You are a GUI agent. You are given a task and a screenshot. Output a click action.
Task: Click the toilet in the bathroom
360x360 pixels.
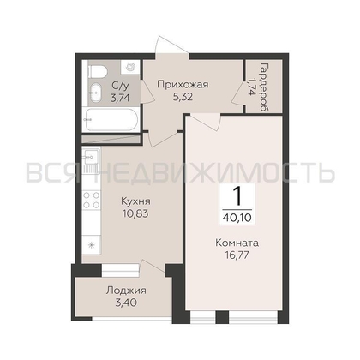[x=97, y=71]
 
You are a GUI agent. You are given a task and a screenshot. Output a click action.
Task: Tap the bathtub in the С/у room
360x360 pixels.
[x=111, y=120]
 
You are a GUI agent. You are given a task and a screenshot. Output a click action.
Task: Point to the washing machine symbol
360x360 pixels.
[x=130, y=67]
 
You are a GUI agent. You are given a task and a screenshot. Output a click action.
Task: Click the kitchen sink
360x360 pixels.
[x=91, y=158]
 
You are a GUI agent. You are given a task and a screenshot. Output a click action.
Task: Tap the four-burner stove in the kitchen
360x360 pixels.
[x=91, y=200]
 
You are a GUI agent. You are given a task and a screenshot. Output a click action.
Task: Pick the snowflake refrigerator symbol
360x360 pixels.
[x=92, y=245]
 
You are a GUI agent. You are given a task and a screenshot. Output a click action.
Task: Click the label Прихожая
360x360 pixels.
[x=183, y=85]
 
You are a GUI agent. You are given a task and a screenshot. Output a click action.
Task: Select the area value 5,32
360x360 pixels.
[x=183, y=97]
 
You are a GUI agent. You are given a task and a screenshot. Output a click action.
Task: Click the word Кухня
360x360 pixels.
[x=135, y=201]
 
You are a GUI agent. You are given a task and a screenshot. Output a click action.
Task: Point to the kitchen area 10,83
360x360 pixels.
[x=135, y=213]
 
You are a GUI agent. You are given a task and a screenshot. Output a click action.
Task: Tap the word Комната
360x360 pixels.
[x=237, y=243]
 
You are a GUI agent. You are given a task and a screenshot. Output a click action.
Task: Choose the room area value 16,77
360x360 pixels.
[x=237, y=255]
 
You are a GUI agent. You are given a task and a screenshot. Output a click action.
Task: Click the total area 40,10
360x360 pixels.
[x=237, y=218]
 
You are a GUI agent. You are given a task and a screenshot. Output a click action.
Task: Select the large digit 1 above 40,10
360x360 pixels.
[x=237, y=197]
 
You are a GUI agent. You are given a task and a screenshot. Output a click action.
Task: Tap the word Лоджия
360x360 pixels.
[x=126, y=291]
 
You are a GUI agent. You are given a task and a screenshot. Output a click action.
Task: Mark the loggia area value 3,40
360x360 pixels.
[x=126, y=303]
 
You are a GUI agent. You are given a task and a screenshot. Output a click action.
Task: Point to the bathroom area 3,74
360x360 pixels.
[x=120, y=98]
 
